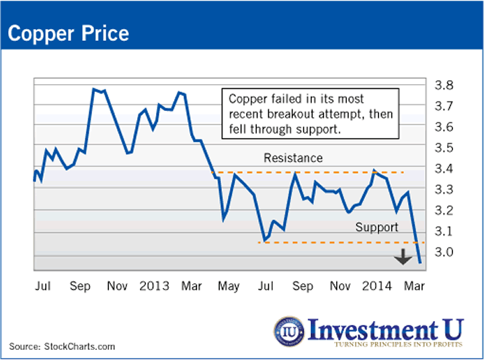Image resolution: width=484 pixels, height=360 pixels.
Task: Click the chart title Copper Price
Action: (68, 33)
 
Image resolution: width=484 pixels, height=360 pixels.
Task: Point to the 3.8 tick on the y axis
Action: (443, 85)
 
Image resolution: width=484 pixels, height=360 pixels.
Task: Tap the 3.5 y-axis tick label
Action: (443, 148)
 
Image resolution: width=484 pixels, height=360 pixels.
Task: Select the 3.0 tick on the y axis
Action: (443, 252)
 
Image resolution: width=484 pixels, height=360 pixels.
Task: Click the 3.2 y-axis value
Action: (443, 211)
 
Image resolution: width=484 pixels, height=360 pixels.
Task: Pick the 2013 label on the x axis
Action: (153, 285)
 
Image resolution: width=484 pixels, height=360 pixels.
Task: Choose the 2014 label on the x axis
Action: (378, 285)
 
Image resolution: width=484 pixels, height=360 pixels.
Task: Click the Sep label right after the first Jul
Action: (81, 285)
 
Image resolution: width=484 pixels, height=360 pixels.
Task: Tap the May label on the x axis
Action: (229, 285)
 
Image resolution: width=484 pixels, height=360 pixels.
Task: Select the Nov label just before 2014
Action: (341, 285)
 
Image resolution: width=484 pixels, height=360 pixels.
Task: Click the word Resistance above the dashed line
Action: (293, 159)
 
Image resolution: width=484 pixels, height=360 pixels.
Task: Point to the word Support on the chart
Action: (376, 227)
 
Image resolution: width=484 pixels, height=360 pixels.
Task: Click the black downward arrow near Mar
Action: (403, 256)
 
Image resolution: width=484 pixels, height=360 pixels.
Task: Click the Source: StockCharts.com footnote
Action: (62, 347)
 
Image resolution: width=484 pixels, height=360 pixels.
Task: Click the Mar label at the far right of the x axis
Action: (416, 285)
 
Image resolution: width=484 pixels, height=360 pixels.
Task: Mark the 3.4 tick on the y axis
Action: (443, 169)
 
